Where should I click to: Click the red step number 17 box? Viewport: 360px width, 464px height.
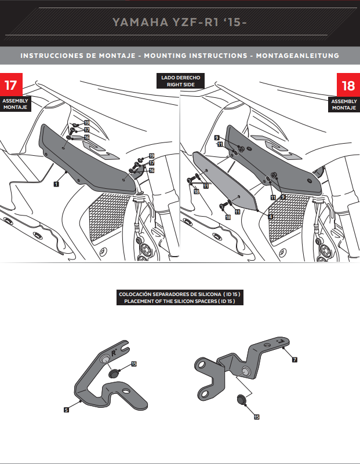[x=11, y=85]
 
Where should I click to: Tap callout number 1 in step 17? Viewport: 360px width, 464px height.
[x=56, y=184]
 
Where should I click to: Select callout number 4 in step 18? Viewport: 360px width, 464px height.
[x=270, y=215]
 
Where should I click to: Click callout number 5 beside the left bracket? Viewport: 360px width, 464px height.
[x=67, y=409]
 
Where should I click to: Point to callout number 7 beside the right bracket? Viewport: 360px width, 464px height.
[x=294, y=360]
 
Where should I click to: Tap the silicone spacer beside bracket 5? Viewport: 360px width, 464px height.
[x=115, y=373]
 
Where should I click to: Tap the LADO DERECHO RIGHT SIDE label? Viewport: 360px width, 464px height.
[x=180, y=81]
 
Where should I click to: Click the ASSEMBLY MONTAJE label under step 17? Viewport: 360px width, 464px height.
[x=15, y=104]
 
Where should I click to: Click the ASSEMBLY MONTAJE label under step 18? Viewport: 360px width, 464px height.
[x=344, y=104]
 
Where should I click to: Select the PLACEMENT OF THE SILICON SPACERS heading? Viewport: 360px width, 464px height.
[x=180, y=301]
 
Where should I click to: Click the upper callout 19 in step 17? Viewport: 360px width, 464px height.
[x=86, y=123]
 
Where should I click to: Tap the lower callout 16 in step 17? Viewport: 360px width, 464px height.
[x=151, y=171]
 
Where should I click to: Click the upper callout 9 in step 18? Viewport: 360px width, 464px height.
[x=216, y=137]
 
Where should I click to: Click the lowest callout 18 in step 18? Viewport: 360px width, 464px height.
[x=227, y=217]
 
